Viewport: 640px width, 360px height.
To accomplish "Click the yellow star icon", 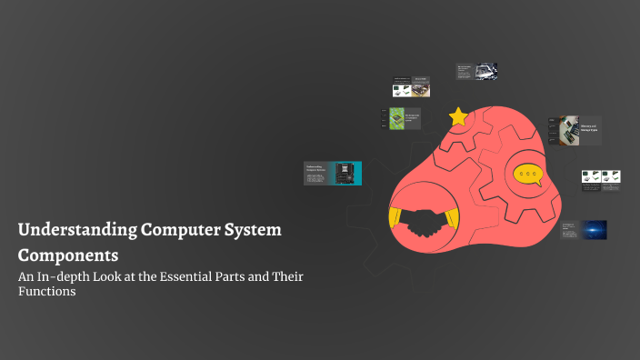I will (458, 117).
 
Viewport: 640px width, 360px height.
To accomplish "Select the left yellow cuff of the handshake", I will (395, 217).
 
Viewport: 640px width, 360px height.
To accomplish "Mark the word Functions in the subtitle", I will (46, 292).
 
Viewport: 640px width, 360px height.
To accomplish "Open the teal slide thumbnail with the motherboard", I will (333, 173).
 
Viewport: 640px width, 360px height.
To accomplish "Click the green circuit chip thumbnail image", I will (396, 118).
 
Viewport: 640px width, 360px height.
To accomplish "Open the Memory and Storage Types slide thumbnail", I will (575, 130).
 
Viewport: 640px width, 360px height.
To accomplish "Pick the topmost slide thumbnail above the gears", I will (476, 72).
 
